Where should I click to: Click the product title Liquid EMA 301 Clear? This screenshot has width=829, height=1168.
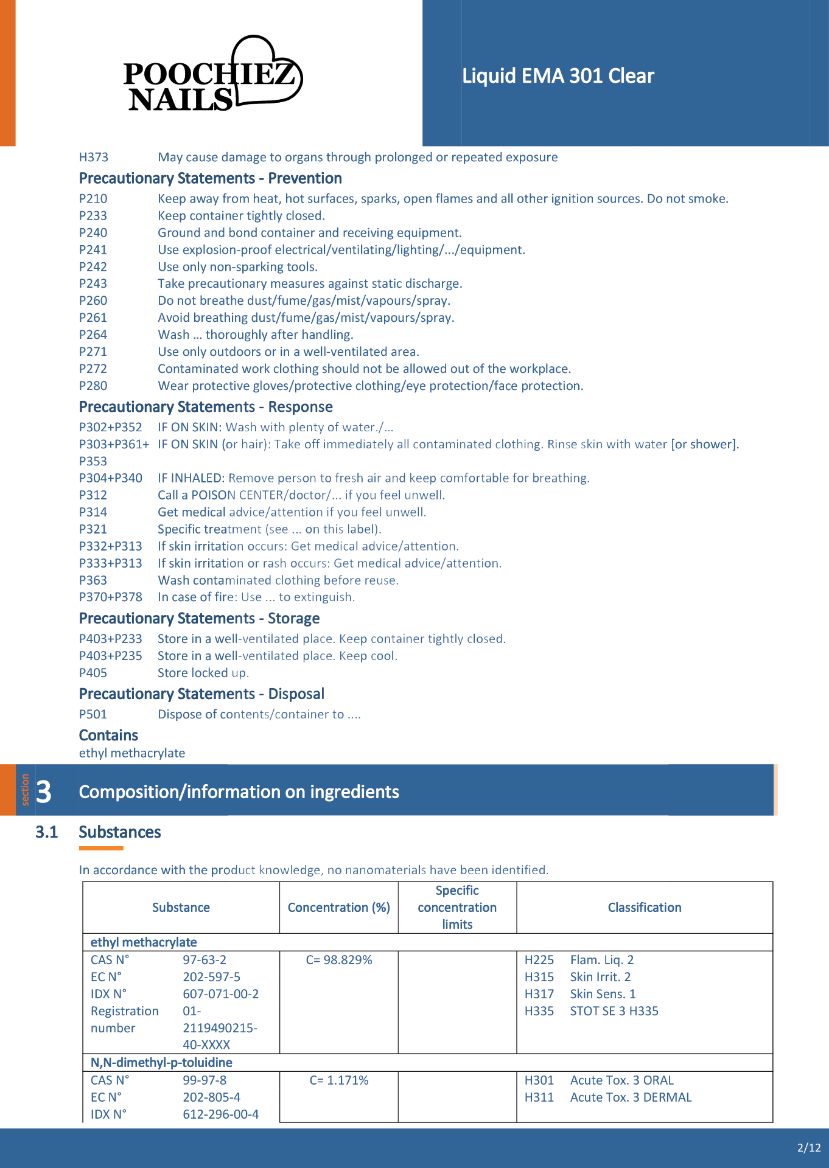click(558, 76)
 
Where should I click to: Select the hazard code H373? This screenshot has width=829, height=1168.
click(94, 158)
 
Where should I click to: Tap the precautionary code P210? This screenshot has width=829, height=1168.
click(93, 199)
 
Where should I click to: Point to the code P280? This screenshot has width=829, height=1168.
click(93, 386)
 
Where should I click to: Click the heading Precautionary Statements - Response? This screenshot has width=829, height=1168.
click(206, 407)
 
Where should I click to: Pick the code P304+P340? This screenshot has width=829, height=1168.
click(111, 478)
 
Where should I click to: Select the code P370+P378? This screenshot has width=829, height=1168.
click(111, 597)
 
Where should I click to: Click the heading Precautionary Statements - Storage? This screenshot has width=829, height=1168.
click(199, 619)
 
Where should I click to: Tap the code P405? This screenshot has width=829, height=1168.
click(93, 673)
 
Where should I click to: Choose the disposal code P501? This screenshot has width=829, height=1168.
click(93, 715)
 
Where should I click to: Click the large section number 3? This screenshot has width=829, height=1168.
click(44, 792)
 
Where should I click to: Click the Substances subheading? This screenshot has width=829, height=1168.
click(120, 832)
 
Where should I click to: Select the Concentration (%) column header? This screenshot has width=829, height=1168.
click(339, 908)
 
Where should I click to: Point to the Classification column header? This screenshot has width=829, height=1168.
click(645, 908)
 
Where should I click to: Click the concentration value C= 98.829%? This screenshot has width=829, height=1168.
click(339, 961)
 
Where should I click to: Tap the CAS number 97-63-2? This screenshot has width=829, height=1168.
click(205, 961)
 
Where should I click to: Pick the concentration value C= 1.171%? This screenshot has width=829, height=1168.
click(339, 1081)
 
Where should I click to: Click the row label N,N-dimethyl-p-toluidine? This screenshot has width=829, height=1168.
click(161, 1063)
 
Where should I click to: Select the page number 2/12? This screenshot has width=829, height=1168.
click(809, 1148)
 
